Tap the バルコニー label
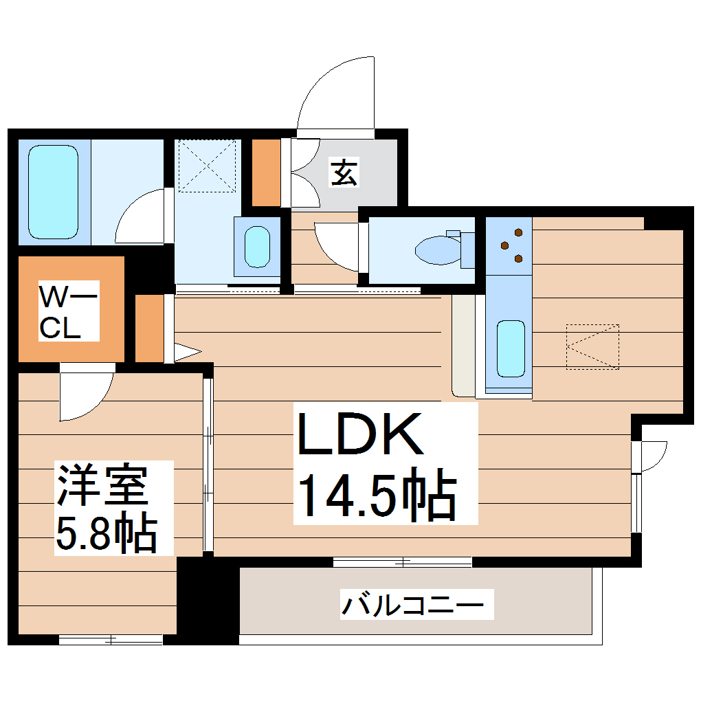point(417,606)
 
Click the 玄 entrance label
point(344,172)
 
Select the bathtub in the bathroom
point(54,191)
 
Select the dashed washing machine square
point(206,166)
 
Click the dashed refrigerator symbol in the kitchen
point(592,346)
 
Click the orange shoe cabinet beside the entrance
point(266,173)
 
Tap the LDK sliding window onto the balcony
point(403,562)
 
